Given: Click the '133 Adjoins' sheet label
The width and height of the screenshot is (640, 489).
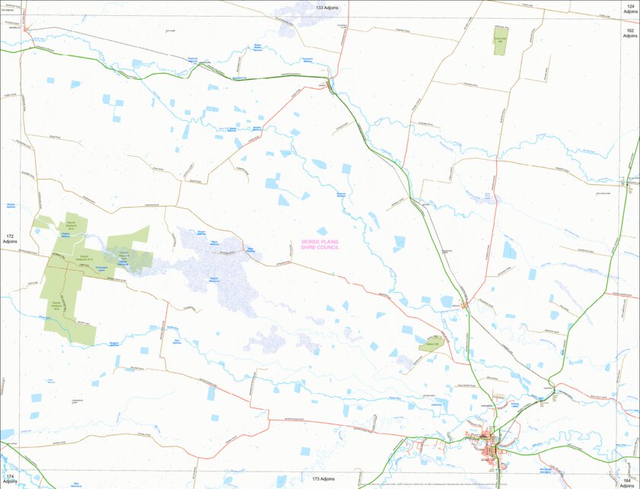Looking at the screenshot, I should click(x=327, y=7).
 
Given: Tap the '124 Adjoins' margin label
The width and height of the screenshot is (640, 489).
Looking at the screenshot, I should click(x=630, y=9).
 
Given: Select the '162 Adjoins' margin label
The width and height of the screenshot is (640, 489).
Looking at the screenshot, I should click(x=630, y=33).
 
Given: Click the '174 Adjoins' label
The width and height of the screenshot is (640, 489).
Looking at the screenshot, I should click(x=10, y=479).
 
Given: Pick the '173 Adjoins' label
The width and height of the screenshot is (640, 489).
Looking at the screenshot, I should click(x=323, y=480).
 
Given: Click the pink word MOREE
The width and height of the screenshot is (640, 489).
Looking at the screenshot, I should click(x=311, y=241).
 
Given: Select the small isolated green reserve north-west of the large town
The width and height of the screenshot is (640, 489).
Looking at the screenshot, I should click(x=432, y=344).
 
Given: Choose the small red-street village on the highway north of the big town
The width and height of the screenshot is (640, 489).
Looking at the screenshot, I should click(x=463, y=304).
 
